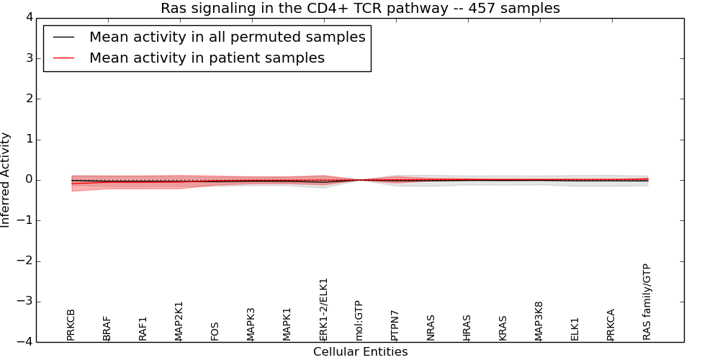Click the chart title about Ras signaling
360,9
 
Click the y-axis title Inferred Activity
6,180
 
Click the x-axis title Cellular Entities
360,352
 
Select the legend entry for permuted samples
227,37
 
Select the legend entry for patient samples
207,58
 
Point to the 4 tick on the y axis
27,17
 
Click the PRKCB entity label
71,325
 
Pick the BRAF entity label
107,328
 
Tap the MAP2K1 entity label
179,321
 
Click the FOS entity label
215,331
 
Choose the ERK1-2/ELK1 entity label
323,310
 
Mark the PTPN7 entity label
395,325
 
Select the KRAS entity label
503,328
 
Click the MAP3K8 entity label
539,321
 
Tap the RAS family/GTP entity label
647,302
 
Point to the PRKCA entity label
611,325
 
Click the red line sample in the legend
63,58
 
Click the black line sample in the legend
63,37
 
